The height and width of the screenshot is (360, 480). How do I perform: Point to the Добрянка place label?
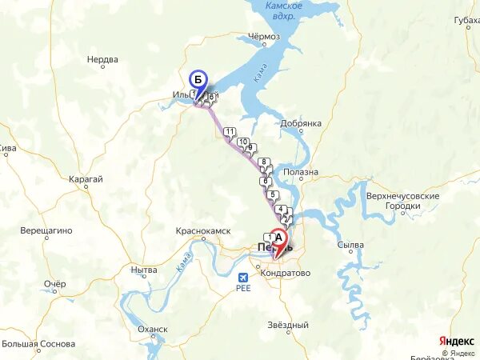pyautogui.click(x=301, y=123)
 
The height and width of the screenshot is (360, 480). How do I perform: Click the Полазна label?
pyautogui.click(x=302, y=172)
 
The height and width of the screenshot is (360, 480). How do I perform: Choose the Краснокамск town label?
pyautogui.click(x=203, y=230)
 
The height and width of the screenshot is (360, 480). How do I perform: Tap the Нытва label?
pyautogui.click(x=143, y=270)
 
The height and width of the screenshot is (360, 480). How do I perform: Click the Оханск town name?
pyautogui.click(x=153, y=329)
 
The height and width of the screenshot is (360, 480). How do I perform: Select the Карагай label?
pyautogui.click(x=86, y=179)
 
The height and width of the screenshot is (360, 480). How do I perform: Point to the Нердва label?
pyautogui.click(x=102, y=59)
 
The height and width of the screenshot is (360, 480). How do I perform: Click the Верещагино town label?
pyautogui.click(x=46, y=230)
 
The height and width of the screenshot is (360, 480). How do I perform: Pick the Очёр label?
pyautogui.click(x=54, y=284)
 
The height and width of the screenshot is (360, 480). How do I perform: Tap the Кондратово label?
pyautogui.click(x=286, y=273)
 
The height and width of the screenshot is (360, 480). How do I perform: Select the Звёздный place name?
pyautogui.click(x=288, y=326)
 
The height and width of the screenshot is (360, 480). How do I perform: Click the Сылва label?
pyautogui.click(x=350, y=245)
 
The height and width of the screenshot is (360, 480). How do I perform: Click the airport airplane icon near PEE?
pyautogui.click(x=244, y=277)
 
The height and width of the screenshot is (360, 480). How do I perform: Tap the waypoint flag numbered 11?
pyautogui.click(x=230, y=132)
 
